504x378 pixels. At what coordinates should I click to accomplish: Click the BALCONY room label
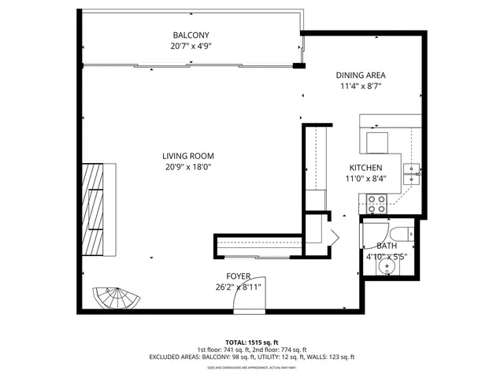(x=191, y=35)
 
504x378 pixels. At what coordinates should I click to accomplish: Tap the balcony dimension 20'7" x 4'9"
(x=191, y=46)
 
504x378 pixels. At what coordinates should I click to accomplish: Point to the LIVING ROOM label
(x=188, y=156)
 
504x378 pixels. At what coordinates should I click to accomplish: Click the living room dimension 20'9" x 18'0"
(x=188, y=167)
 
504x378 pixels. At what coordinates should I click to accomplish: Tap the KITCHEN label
(x=365, y=168)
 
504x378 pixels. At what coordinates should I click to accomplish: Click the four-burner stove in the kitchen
(x=376, y=204)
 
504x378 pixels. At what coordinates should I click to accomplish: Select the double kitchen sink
(x=411, y=173)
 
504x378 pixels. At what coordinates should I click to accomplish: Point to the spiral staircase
(x=117, y=299)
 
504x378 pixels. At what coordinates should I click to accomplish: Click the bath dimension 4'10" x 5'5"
(x=386, y=257)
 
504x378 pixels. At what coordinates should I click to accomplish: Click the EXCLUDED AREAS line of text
(x=251, y=358)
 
